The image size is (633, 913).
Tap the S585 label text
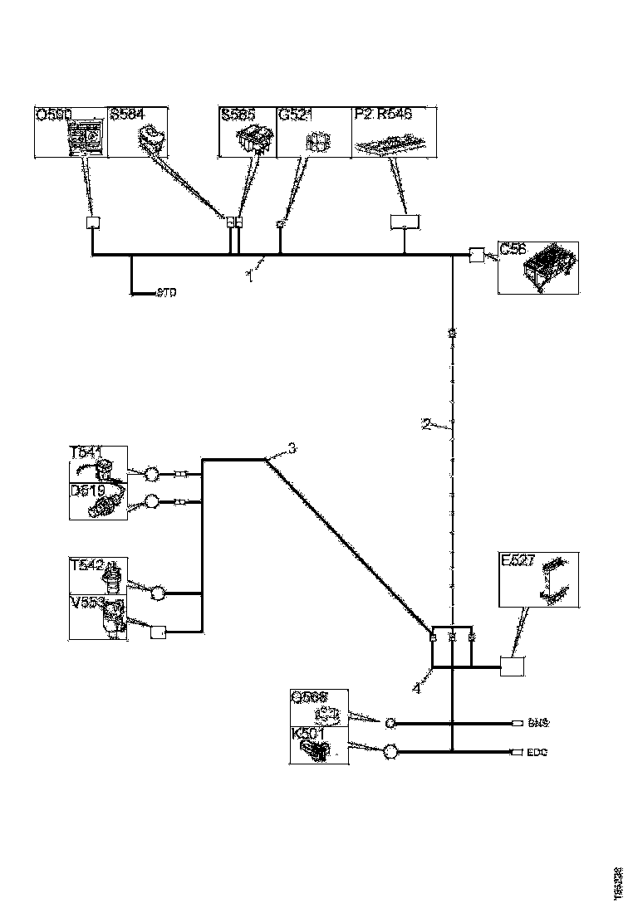click(238, 115)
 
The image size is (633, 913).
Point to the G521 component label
click(295, 115)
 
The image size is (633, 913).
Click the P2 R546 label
click(383, 115)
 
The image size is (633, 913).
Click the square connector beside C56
click(478, 255)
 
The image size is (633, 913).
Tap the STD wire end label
click(167, 293)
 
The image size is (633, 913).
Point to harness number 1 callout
click(248, 276)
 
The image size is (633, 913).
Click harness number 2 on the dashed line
click(425, 425)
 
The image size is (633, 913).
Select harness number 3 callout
click(292, 449)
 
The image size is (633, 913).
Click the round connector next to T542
click(159, 593)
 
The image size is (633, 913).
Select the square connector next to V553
click(158, 632)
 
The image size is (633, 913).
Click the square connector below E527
click(512, 666)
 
